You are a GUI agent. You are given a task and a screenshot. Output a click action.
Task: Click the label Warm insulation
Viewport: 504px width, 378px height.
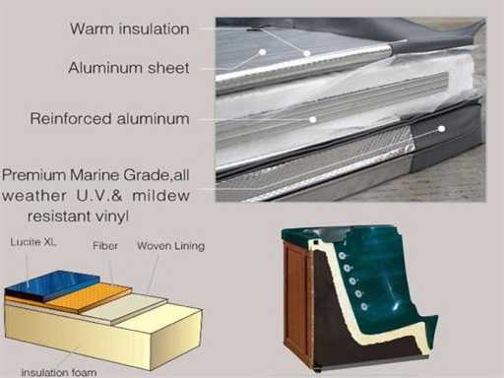[130, 29]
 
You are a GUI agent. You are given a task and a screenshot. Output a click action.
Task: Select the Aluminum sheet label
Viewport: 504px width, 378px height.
[129, 68]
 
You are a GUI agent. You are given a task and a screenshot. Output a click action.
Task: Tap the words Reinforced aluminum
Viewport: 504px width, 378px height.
[109, 118]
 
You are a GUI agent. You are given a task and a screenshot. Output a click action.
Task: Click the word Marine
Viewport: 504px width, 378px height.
[95, 175]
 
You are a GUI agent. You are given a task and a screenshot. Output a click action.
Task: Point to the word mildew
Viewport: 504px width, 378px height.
[160, 196]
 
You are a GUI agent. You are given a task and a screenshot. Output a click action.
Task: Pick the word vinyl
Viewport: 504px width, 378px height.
[111, 217]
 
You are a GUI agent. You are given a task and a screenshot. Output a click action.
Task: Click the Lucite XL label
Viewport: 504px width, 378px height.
[33, 242]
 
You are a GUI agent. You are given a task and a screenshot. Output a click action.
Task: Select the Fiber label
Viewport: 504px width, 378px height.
[105, 246]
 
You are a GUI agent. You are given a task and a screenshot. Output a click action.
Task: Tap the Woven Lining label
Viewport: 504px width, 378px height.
[170, 246]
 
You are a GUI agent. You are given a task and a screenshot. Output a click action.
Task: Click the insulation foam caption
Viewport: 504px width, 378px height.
[59, 373]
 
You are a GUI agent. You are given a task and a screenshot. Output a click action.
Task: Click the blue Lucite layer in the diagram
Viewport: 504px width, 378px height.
[52, 283]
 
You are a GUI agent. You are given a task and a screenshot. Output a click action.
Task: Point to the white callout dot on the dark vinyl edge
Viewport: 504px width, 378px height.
[442, 129]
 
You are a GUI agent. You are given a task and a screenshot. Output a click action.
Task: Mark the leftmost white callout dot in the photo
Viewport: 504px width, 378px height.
[262, 52]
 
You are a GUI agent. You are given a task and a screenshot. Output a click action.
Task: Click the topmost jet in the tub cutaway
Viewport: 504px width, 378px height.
[343, 256]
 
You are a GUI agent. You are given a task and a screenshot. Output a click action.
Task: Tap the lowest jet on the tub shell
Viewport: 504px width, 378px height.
[364, 307]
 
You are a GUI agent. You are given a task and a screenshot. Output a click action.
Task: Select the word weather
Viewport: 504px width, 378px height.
[34, 196]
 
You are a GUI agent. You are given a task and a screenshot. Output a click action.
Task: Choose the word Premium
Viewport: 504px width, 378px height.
[34, 175]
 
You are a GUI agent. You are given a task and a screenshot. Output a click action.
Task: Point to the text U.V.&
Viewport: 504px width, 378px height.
[99, 196]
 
